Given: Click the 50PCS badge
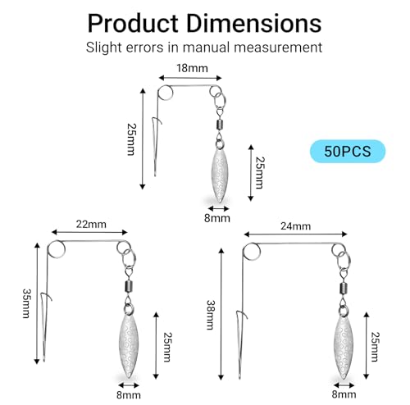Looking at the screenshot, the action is click(x=348, y=151).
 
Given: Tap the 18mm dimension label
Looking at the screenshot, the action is click(x=192, y=68).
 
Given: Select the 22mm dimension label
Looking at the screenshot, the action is click(x=91, y=224).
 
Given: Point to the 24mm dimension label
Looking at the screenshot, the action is click(x=295, y=226).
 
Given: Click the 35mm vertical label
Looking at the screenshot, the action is click(x=26, y=303).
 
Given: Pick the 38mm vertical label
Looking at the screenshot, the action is click(x=211, y=315).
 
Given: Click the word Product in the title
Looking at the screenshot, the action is click(x=133, y=24).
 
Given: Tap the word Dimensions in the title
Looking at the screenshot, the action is click(x=254, y=24).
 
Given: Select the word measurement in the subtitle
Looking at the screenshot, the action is click(x=278, y=48).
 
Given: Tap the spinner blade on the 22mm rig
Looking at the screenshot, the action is click(x=129, y=346).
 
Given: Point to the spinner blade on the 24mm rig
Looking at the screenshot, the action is click(x=344, y=347).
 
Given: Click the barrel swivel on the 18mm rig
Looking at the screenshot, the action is click(x=221, y=125).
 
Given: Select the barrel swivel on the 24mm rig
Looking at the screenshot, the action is click(x=344, y=288).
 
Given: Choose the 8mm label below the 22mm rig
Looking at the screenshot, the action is click(x=129, y=395).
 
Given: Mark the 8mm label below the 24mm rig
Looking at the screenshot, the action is click(x=344, y=394).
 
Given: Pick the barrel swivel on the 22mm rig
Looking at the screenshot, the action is click(x=129, y=286).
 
